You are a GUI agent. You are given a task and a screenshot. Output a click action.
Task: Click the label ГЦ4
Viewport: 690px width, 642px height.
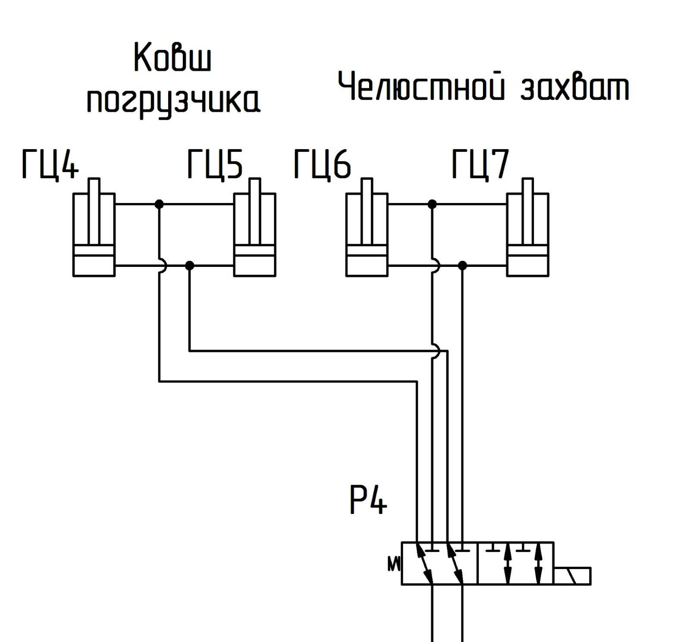pyautogui.click(x=50, y=164)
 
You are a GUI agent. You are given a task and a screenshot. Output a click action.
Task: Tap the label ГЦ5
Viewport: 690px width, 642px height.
pyautogui.click(x=215, y=164)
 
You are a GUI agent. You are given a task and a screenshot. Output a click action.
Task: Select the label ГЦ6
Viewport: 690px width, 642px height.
pyautogui.click(x=322, y=164)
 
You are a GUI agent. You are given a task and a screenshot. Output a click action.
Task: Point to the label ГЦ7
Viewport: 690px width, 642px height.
pyautogui.click(x=480, y=164)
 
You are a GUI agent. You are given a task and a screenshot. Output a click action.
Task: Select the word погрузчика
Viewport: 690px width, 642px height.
pyautogui.click(x=173, y=102)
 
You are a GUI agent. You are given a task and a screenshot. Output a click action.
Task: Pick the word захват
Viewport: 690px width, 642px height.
pyautogui.click(x=574, y=88)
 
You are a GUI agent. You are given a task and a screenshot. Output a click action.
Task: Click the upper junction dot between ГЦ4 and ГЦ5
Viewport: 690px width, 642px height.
pyautogui.click(x=159, y=204)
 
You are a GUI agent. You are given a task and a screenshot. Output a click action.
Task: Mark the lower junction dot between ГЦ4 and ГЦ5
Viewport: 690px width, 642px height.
pyautogui.click(x=189, y=266)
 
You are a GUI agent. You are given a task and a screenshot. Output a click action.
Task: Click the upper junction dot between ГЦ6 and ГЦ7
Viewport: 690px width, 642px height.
pyautogui.click(x=432, y=204)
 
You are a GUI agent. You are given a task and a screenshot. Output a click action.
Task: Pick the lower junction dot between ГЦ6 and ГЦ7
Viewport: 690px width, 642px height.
pyautogui.click(x=462, y=266)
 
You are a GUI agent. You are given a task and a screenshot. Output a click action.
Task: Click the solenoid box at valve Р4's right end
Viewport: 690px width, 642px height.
pyautogui.click(x=572, y=576)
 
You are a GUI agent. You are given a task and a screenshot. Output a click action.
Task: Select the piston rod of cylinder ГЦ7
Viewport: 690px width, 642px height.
pyautogui.click(x=528, y=212)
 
